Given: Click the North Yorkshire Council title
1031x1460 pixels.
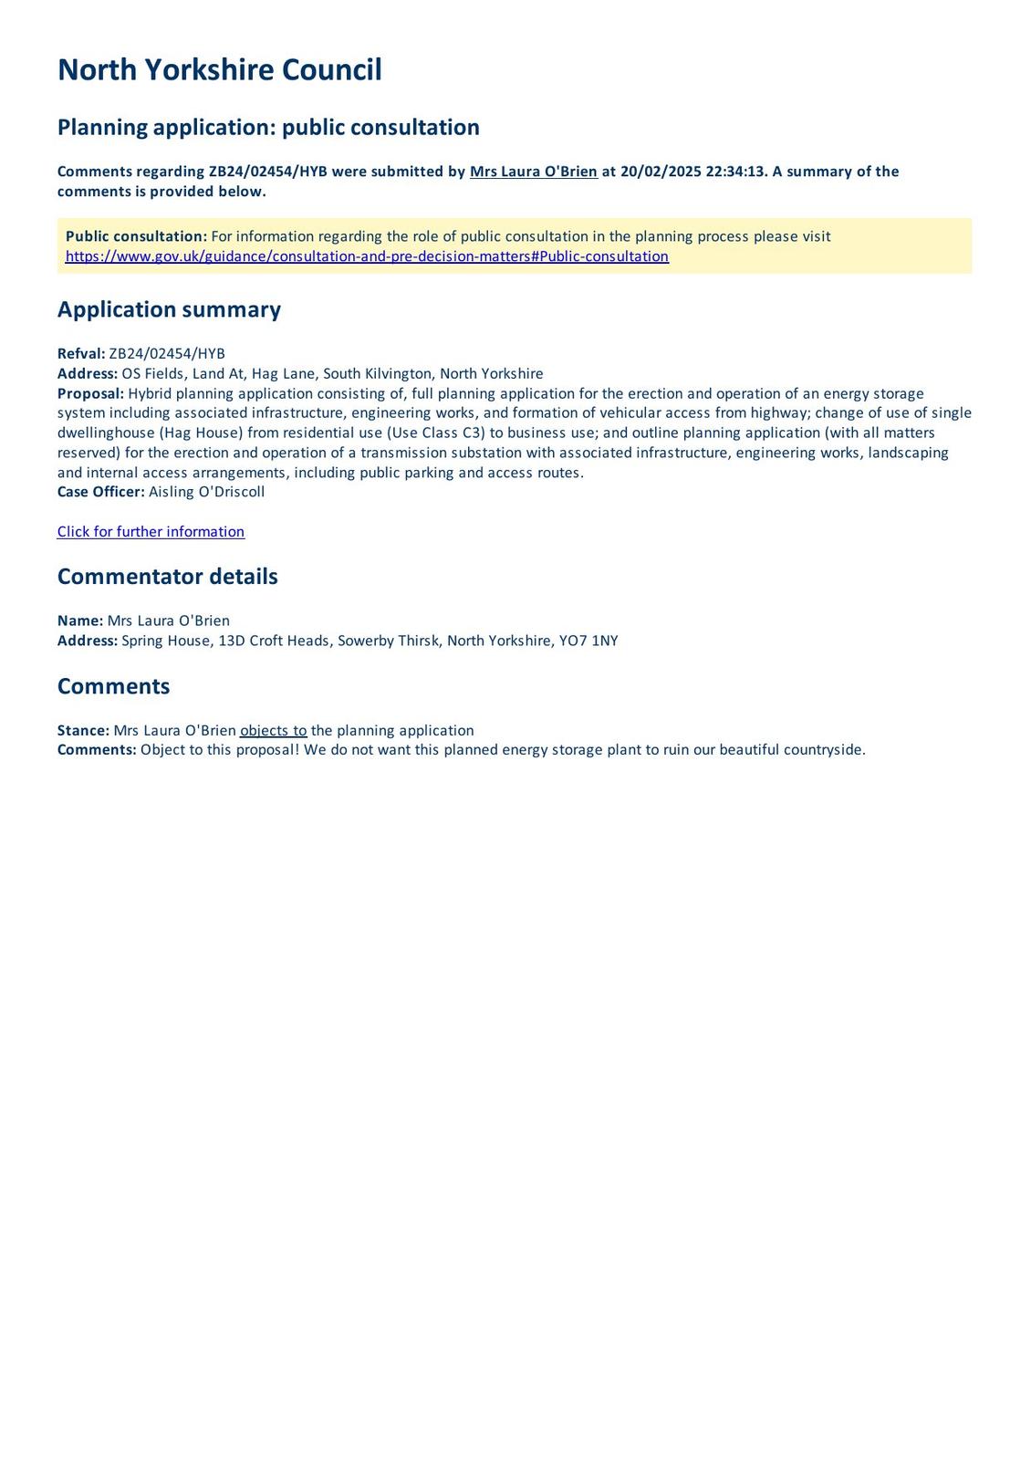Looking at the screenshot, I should pos(219,70).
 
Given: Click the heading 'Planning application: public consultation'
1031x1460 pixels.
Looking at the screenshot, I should pos(268,127).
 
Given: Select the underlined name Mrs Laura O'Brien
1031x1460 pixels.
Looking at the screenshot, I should pos(533,172).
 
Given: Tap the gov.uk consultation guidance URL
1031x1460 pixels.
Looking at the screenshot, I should pos(367,256).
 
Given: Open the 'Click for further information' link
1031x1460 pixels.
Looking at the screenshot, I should pos(151,532).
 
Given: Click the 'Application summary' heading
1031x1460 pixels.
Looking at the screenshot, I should pos(169,309).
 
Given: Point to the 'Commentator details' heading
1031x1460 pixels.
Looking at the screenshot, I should pos(167,577).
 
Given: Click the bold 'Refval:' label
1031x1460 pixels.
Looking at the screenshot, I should pos(81,354).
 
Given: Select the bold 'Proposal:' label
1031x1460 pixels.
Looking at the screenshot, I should pos(90,393).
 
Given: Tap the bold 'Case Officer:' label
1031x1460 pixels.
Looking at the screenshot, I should pos(100,492).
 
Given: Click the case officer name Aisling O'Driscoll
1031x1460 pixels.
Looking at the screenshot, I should pos(206,492).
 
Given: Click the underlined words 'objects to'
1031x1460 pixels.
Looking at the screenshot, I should pos(273,731).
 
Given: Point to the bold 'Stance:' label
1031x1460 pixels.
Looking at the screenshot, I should pos(83,731).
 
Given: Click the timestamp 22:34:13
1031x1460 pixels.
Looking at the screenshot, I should pos(734,172).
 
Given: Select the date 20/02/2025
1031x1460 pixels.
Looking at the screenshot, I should pos(661,172).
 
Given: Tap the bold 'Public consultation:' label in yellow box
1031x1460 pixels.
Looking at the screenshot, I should pos(136,236).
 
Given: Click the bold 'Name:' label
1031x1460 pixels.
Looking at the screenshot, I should pos(80,620).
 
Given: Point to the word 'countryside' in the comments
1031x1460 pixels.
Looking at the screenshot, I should pos(823,750).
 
